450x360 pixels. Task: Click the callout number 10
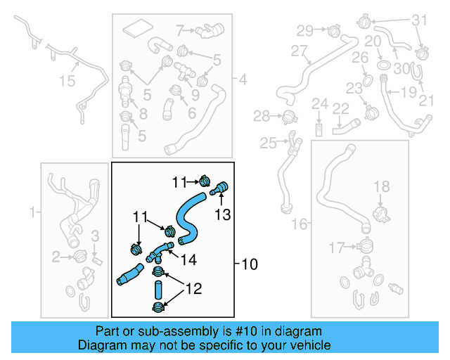(x=250, y=265)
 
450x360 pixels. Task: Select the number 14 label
(x=188, y=259)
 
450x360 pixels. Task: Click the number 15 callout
(x=66, y=82)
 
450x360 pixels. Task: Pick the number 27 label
(x=300, y=51)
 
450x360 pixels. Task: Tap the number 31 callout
(x=420, y=20)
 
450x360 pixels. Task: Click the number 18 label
(x=380, y=186)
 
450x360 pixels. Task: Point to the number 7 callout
(x=180, y=30)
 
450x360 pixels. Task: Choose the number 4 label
(x=243, y=79)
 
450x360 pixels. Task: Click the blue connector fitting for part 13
(x=221, y=187)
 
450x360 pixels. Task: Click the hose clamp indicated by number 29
(x=333, y=30)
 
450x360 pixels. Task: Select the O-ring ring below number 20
(x=384, y=64)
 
